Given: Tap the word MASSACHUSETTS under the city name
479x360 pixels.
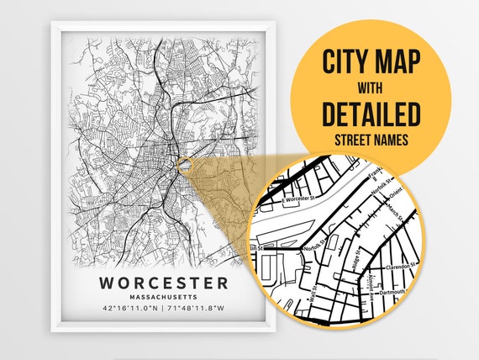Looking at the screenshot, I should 162,297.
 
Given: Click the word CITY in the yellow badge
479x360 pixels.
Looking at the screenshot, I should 350,64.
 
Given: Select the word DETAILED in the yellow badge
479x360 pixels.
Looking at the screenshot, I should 371,113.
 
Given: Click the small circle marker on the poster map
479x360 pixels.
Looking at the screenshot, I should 182,160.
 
